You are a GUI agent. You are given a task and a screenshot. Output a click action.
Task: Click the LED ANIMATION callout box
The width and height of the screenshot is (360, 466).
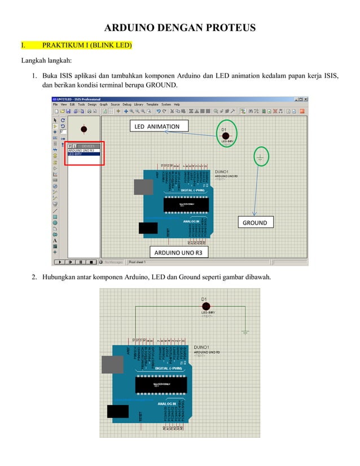click(157, 126)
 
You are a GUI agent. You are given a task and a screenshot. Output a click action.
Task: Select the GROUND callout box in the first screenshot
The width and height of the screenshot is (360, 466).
click(254, 222)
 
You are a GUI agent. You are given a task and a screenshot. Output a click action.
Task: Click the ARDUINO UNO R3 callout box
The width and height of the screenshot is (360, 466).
click(178, 253)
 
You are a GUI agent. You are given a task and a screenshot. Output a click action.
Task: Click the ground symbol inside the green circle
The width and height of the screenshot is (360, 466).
click(260, 158)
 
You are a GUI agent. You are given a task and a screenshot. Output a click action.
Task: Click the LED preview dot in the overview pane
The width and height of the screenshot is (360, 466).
click(84, 129)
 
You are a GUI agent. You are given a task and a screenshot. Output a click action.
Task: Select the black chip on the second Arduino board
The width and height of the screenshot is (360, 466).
click(161, 384)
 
